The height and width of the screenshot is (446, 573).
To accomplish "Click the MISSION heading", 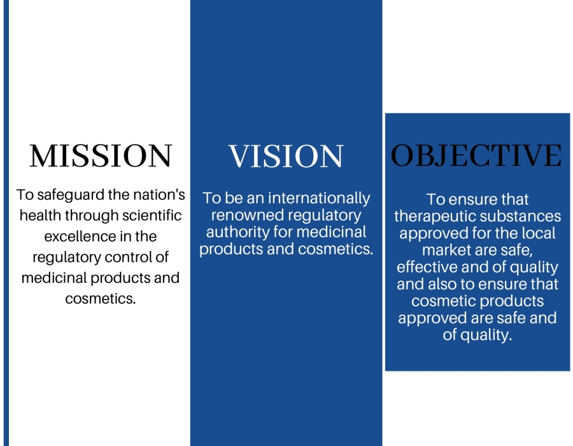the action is click(101, 155).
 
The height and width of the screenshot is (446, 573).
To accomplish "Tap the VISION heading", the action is click(286, 156).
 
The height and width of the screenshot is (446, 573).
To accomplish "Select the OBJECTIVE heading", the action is click(476, 155).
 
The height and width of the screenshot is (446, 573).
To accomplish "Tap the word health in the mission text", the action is click(40, 215).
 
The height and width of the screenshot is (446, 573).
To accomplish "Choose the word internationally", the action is click(319, 199).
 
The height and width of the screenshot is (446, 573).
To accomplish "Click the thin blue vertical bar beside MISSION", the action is click(6, 223).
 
